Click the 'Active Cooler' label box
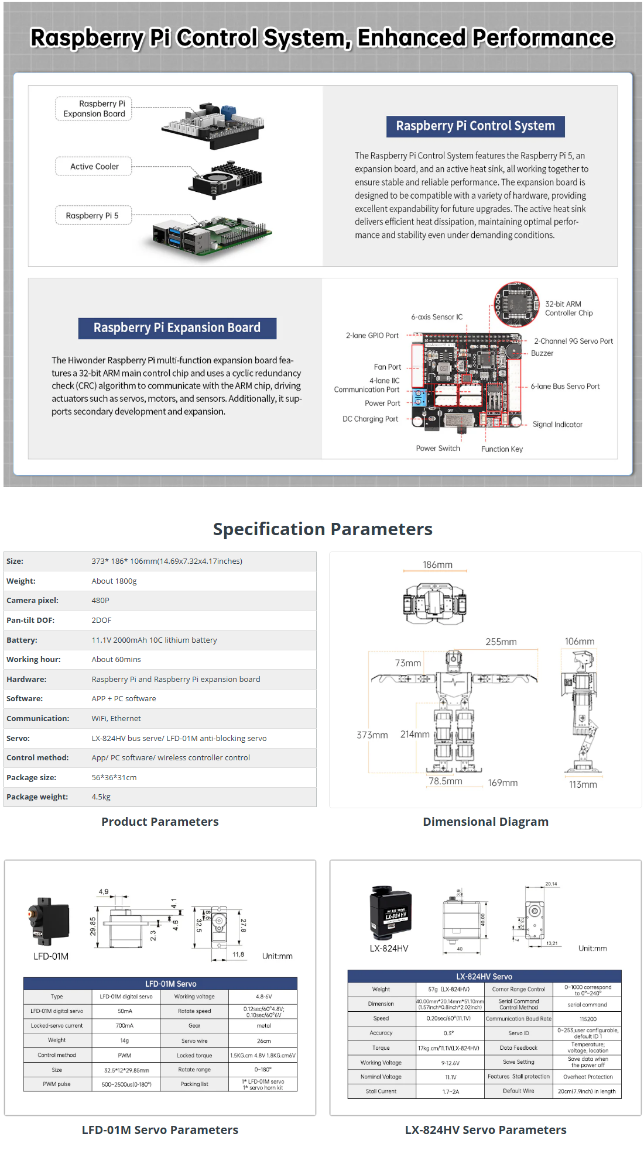[94, 167]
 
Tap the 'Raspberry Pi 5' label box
[93, 215]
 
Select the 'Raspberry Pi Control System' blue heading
[475, 126]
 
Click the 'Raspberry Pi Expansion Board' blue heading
[177, 328]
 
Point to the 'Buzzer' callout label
[542, 353]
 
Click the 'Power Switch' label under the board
[438, 449]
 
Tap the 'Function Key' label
[502, 449]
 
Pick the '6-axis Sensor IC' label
[437, 317]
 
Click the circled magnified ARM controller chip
[517, 304]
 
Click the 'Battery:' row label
[22, 640]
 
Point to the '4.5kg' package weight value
[101, 797]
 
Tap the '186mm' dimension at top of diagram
[437, 565]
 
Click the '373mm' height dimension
[372, 735]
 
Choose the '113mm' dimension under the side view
[583, 784]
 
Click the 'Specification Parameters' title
[323, 529]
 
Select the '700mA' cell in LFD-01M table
[125, 1025]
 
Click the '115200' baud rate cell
[588, 1019]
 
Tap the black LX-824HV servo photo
[390, 911]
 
